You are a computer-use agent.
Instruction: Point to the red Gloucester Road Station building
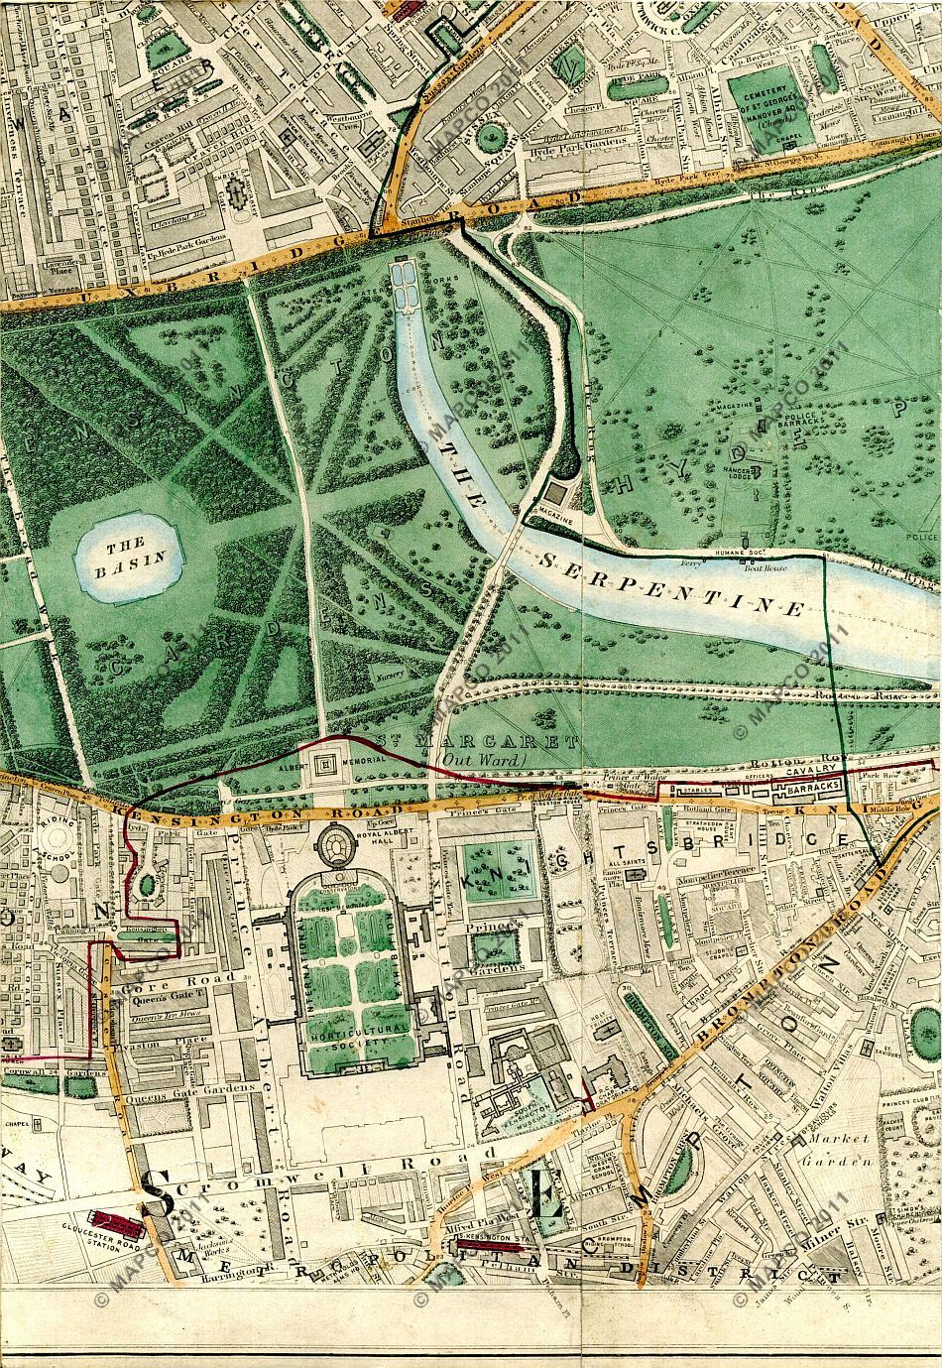[114, 1220]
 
